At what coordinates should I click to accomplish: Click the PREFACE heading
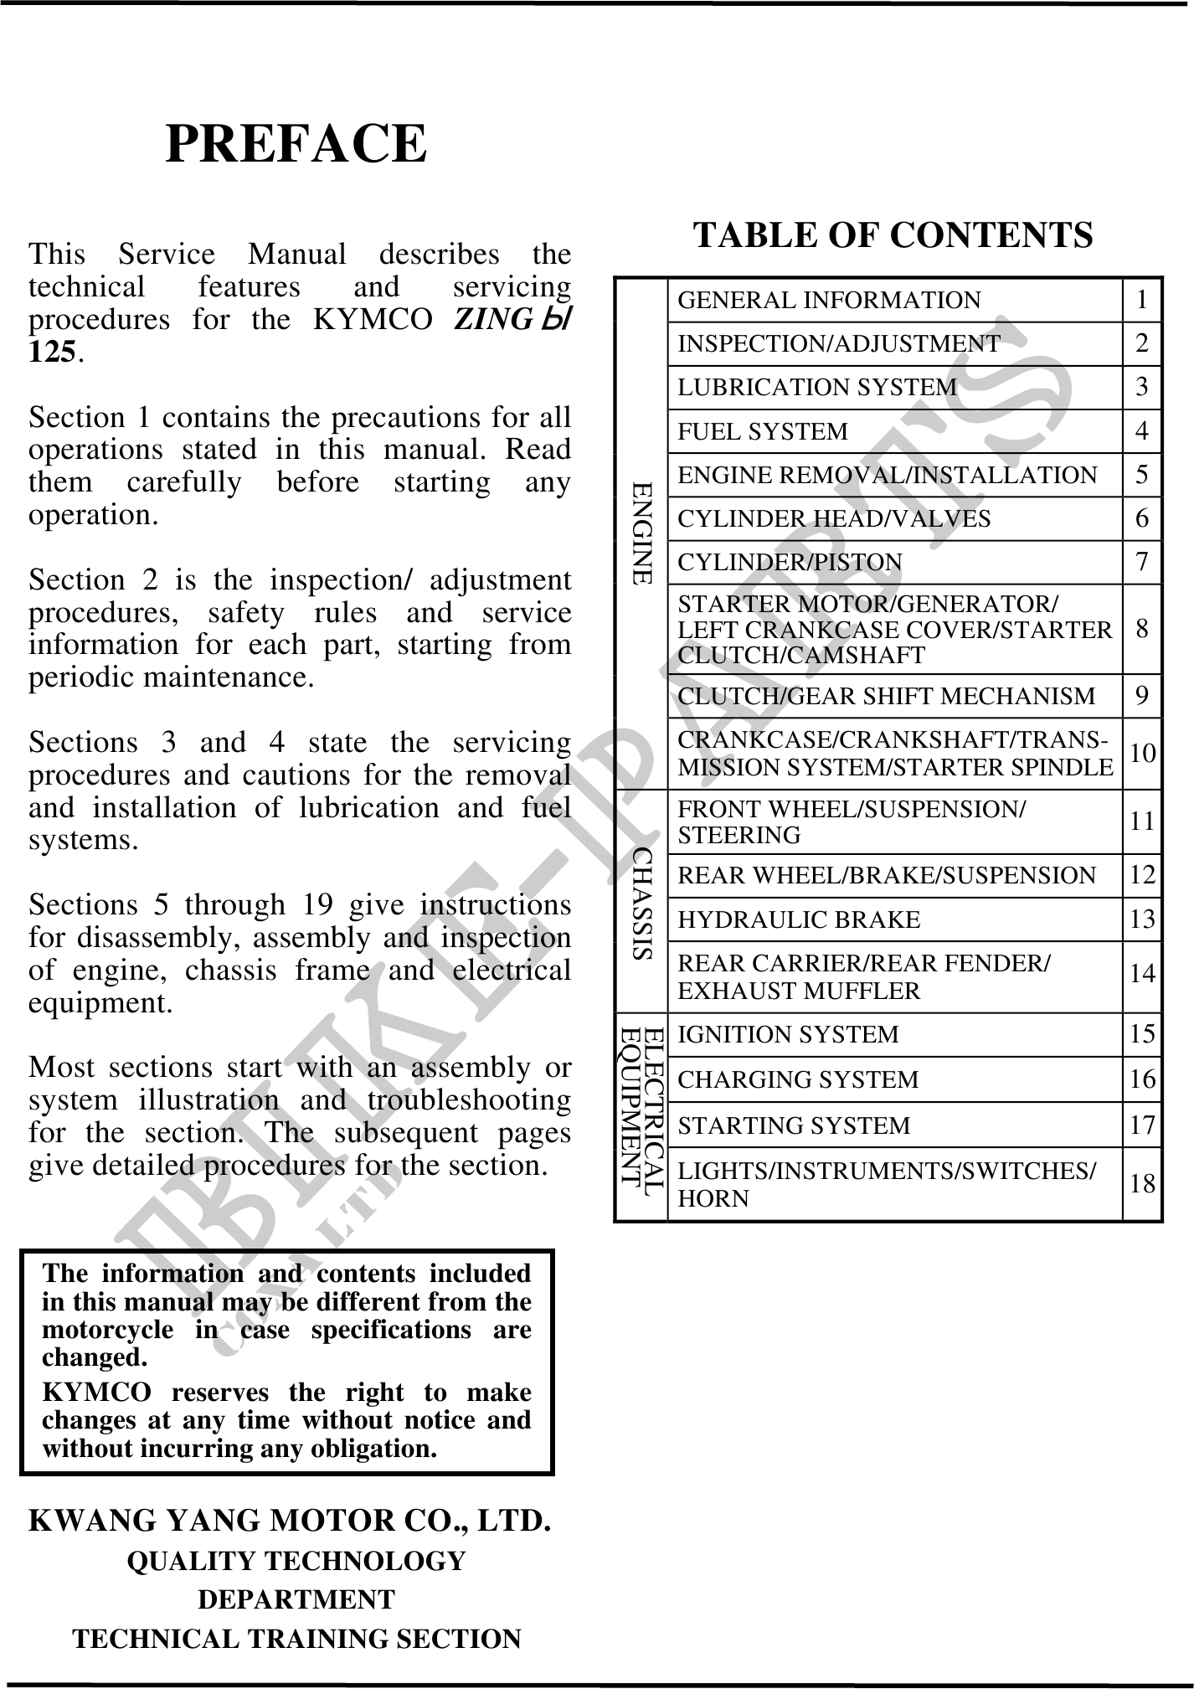click(x=296, y=144)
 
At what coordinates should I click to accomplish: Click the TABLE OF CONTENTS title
click(x=893, y=235)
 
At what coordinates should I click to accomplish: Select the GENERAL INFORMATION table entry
click(x=828, y=300)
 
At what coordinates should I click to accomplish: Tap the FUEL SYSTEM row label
click(x=762, y=431)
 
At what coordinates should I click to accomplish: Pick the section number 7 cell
click(x=1142, y=562)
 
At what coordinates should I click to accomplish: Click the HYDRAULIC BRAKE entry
click(x=798, y=919)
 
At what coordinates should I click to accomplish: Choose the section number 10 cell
click(x=1142, y=754)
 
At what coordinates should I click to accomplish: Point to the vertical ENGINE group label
click(x=641, y=533)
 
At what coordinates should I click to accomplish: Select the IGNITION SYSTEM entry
click(x=787, y=1035)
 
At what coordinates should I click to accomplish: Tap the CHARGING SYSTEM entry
click(x=797, y=1079)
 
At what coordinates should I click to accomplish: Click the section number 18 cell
click(x=1142, y=1183)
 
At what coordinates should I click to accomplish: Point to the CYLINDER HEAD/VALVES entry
click(x=833, y=519)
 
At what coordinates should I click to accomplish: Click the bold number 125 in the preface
click(x=52, y=353)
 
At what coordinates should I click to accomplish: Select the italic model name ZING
click(x=492, y=320)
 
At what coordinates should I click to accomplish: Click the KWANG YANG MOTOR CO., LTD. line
click(x=290, y=1520)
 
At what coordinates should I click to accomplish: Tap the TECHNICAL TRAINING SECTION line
click(x=296, y=1639)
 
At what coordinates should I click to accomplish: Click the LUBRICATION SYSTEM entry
click(x=816, y=387)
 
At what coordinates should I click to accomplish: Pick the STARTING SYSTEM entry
click(x=793, y=1125)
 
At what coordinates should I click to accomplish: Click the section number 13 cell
click(x=1142, y=919)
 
